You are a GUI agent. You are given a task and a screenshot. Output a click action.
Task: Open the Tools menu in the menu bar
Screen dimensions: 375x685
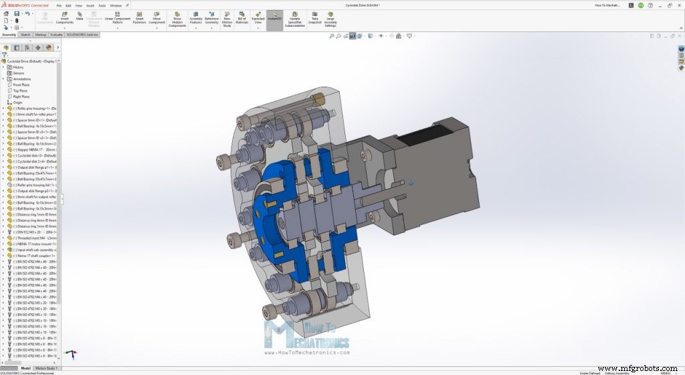[x=102, y=5]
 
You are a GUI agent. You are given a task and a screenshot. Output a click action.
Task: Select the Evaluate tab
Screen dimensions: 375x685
[x=57, y=34]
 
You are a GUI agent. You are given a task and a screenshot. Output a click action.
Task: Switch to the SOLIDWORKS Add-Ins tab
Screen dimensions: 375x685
[x=82, y=34]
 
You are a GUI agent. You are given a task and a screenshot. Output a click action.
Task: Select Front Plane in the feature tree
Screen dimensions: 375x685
[x=21, y=85]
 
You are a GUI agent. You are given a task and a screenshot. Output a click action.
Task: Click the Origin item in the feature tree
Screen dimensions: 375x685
[x=17, y=102]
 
